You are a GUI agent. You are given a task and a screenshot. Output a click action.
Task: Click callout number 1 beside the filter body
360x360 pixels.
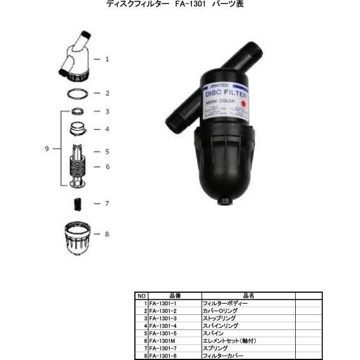click(x=107, y=59)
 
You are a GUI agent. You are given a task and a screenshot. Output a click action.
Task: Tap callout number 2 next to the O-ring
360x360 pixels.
click(x=107, y=93)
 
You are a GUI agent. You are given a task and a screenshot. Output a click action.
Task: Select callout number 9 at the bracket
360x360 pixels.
click(x=47, y=149)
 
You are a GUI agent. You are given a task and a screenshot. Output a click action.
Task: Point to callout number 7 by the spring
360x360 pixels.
click(x=107, y=203)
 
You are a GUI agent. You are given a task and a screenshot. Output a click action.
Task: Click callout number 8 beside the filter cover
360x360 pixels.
click(x=107, y=234)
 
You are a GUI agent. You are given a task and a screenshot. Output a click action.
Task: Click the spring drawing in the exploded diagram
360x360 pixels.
click(x=77, y=203)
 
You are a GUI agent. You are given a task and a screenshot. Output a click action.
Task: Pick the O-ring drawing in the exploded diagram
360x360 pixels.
click(x=77, y=93)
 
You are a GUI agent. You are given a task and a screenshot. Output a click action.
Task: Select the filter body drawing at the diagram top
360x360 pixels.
click(x=77, y=57)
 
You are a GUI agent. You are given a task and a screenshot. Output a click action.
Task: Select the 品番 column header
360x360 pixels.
click(x=175, y=296)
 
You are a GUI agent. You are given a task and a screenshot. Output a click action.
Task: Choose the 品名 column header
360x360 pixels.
click(x=248, y=296)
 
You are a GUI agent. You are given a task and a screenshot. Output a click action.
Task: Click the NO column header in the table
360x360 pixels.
click(x=142, y=296)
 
